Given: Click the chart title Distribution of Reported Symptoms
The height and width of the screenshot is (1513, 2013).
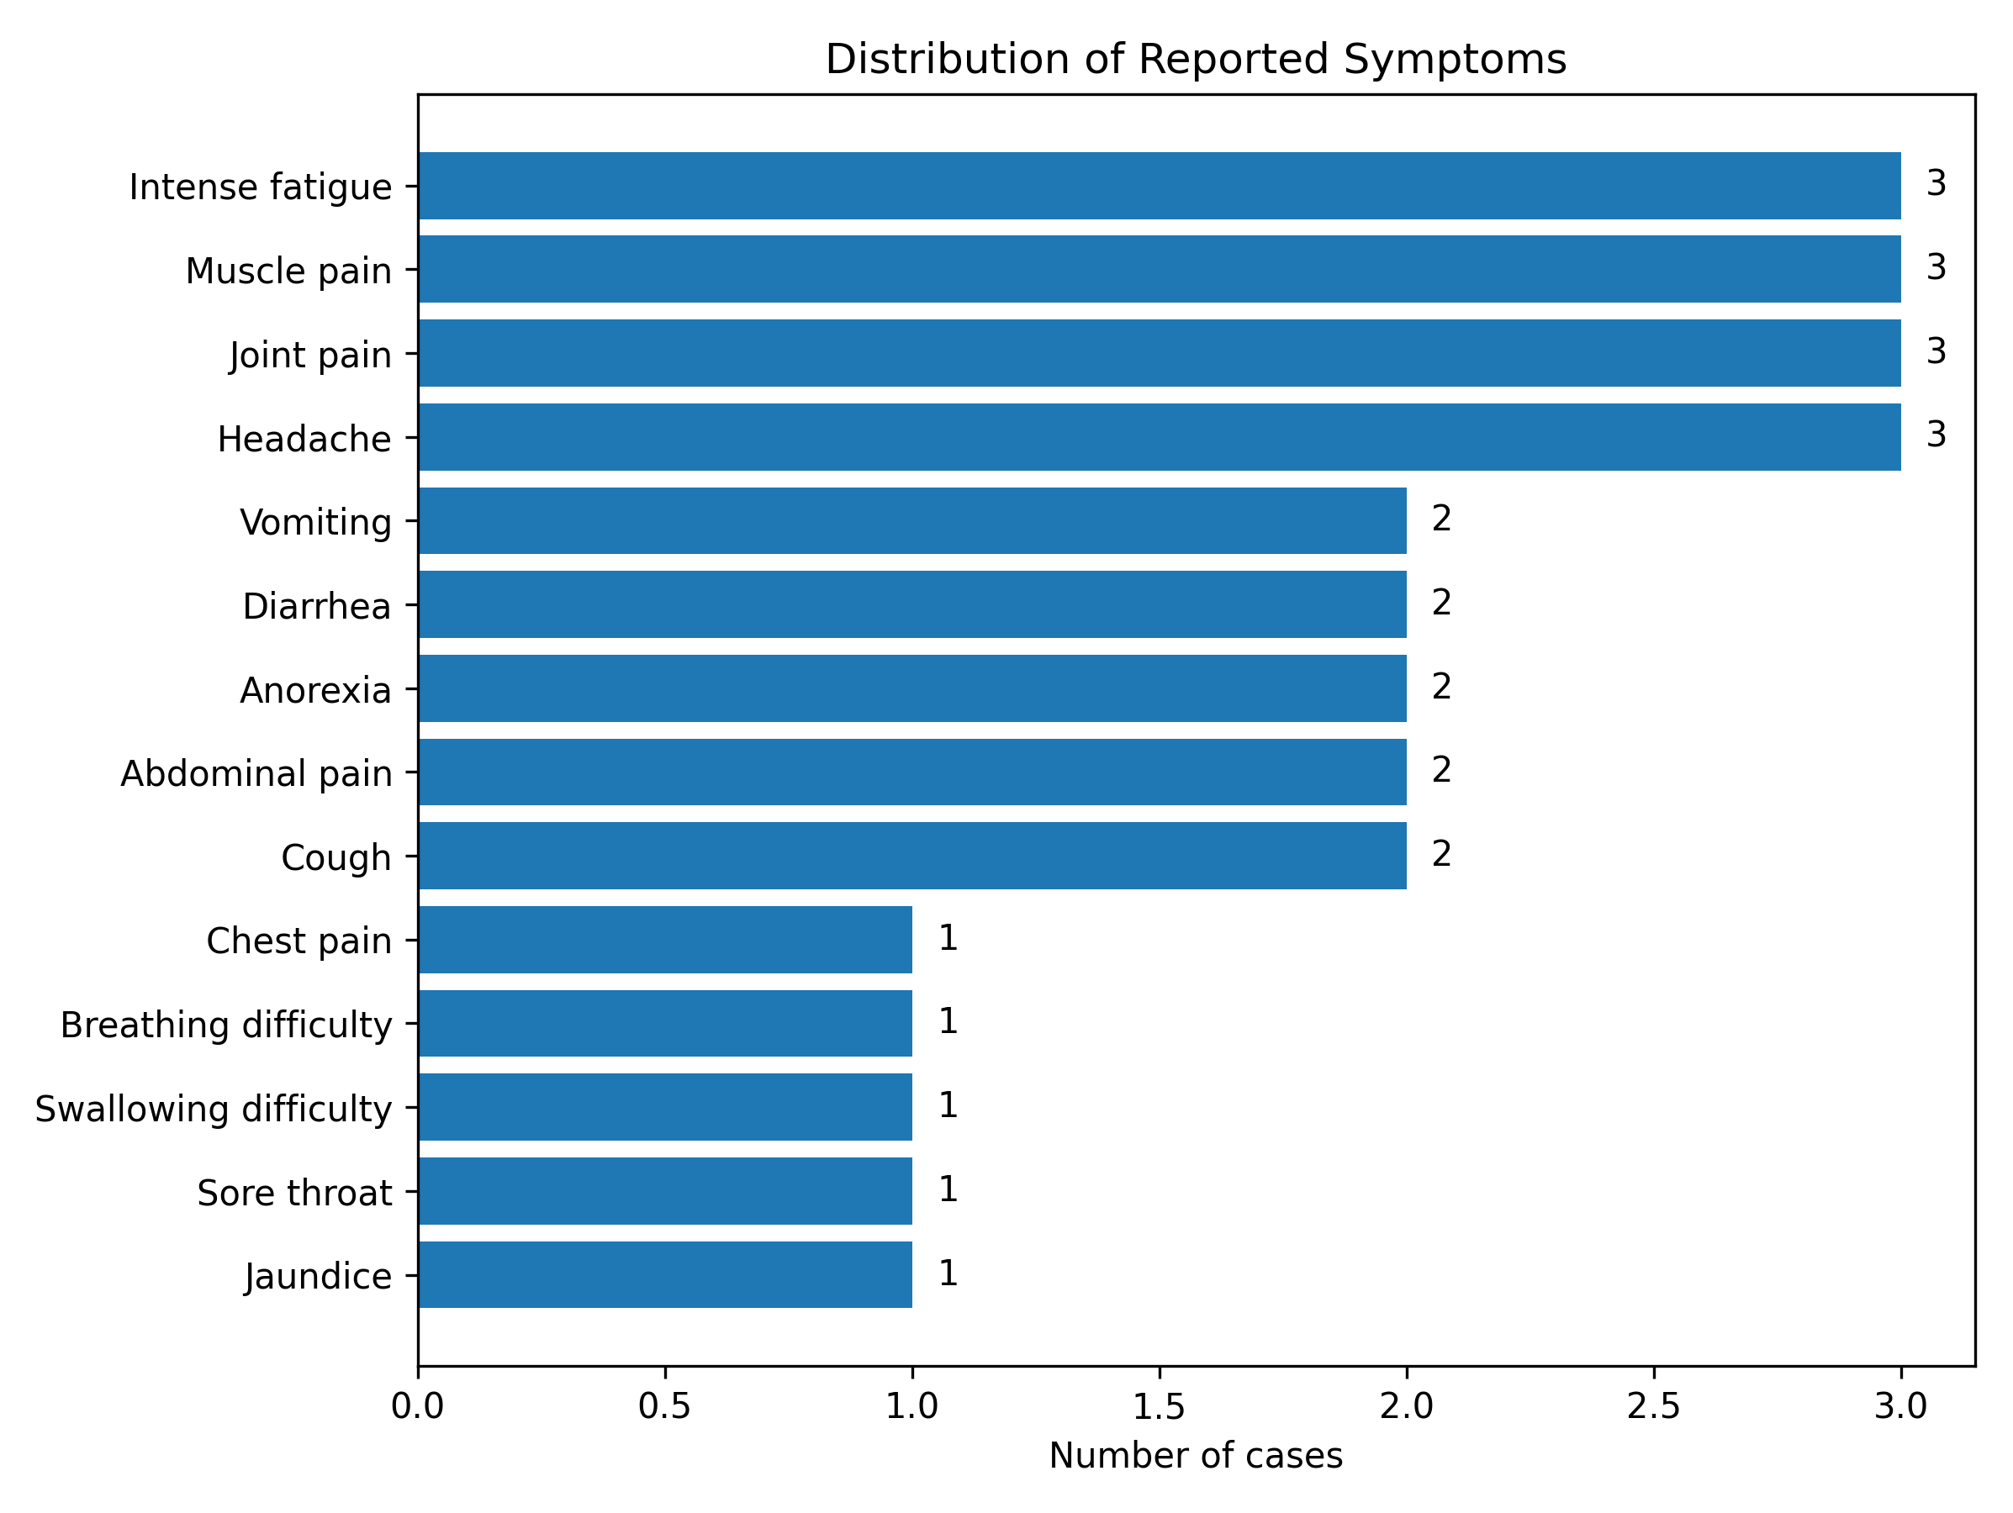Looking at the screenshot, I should [1195, 60].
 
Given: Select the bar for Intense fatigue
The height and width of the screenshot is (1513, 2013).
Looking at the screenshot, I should [1159, 186].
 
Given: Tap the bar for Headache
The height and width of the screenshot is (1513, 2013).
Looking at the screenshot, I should [1159, 437].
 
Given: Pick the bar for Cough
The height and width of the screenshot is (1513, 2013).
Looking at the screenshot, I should [911, 855].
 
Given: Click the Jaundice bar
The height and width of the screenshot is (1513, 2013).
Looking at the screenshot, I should [665, 1274].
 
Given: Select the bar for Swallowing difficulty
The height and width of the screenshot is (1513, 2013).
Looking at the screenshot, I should [665, 1107].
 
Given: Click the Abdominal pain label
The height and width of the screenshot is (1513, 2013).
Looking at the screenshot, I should [256, 773].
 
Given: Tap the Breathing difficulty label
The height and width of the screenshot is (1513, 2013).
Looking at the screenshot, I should [225, 1025].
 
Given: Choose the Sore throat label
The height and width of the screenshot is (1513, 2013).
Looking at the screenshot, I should [294, 1192].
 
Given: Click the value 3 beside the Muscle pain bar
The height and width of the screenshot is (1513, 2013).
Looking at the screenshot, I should [1936, 267].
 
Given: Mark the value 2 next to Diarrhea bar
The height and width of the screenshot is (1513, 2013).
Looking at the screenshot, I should [1441, 603].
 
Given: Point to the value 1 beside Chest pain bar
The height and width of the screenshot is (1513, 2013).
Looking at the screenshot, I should [948, 938].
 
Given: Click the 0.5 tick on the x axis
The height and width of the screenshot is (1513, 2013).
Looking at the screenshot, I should [664, 1406].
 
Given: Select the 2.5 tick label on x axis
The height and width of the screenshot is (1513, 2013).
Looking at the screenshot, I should [1652, 1406].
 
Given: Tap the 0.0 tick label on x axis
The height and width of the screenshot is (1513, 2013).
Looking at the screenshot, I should [418, 1406].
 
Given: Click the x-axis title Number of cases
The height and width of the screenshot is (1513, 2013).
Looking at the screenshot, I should [1195, 1456].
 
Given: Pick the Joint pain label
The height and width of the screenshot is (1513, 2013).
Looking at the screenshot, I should [309, 354].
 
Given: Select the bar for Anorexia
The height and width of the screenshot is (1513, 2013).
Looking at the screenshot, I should [911, 688].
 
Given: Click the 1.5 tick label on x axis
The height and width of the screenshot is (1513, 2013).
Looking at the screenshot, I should [1159, 1406].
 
